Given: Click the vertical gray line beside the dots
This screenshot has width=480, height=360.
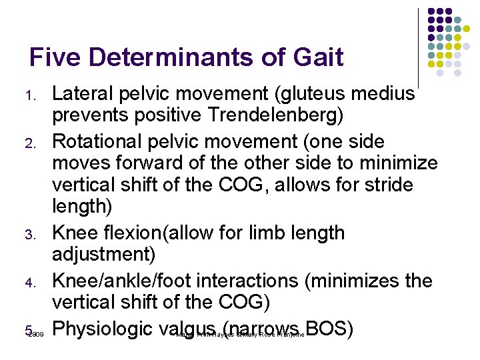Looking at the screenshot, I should (x=419, y=47).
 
